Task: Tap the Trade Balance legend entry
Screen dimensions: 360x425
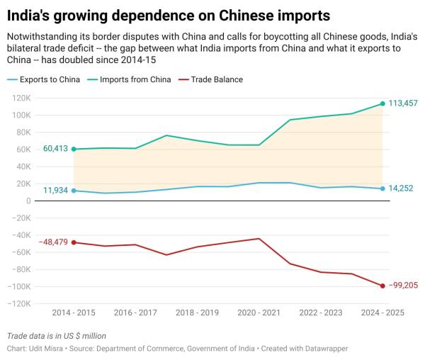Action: [213, 79]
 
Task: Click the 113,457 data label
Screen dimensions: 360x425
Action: [403, 103]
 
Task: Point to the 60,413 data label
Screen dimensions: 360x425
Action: [55, 149]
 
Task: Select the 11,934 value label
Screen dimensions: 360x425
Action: [55, 191]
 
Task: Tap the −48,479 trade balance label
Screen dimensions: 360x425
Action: [54, 242]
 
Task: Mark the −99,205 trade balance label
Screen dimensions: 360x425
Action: [403, 286]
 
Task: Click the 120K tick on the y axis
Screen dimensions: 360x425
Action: [20, 98]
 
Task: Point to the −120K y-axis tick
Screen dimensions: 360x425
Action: [18, 303]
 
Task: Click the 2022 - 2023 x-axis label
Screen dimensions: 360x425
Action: [320, 313]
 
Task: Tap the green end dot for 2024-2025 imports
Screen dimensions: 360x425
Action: [382, 103]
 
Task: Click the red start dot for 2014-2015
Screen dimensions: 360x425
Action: [74, 242]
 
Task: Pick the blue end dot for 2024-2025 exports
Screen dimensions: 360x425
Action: [382, 189]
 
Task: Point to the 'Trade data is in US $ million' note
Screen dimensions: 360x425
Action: [57, 336]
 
